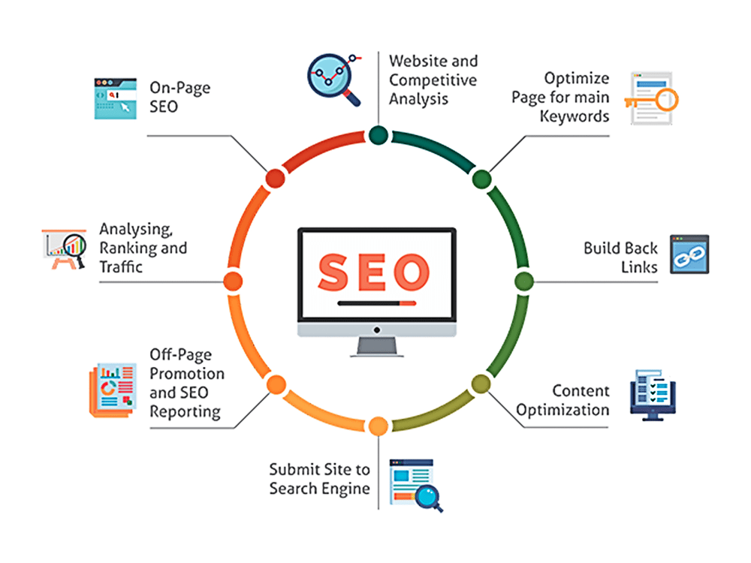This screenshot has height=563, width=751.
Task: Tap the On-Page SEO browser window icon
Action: (116, 98)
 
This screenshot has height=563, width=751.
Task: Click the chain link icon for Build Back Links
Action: (689, 254)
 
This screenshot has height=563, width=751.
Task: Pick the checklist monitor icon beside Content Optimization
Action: (653, 395)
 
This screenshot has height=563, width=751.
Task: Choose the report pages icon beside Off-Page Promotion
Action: (113, 390)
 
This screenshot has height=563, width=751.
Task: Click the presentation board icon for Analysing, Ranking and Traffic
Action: (64, 249)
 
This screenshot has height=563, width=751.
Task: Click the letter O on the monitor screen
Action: (411, 272)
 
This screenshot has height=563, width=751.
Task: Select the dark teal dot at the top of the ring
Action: (379, 135)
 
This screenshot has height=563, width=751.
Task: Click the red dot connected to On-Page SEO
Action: (276, 179)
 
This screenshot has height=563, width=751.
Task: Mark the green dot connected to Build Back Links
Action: (524, 281)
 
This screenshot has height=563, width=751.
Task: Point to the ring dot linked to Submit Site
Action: (379, 426)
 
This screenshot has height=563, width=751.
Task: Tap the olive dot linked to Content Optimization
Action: (481, 384)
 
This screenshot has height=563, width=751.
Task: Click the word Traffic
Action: (121, 266)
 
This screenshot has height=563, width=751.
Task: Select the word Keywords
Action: (575, 116)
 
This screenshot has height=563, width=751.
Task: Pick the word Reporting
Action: (185, 412)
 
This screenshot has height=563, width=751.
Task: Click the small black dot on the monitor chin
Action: (377, 330)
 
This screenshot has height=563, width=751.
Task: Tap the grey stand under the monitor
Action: (377, 347)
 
